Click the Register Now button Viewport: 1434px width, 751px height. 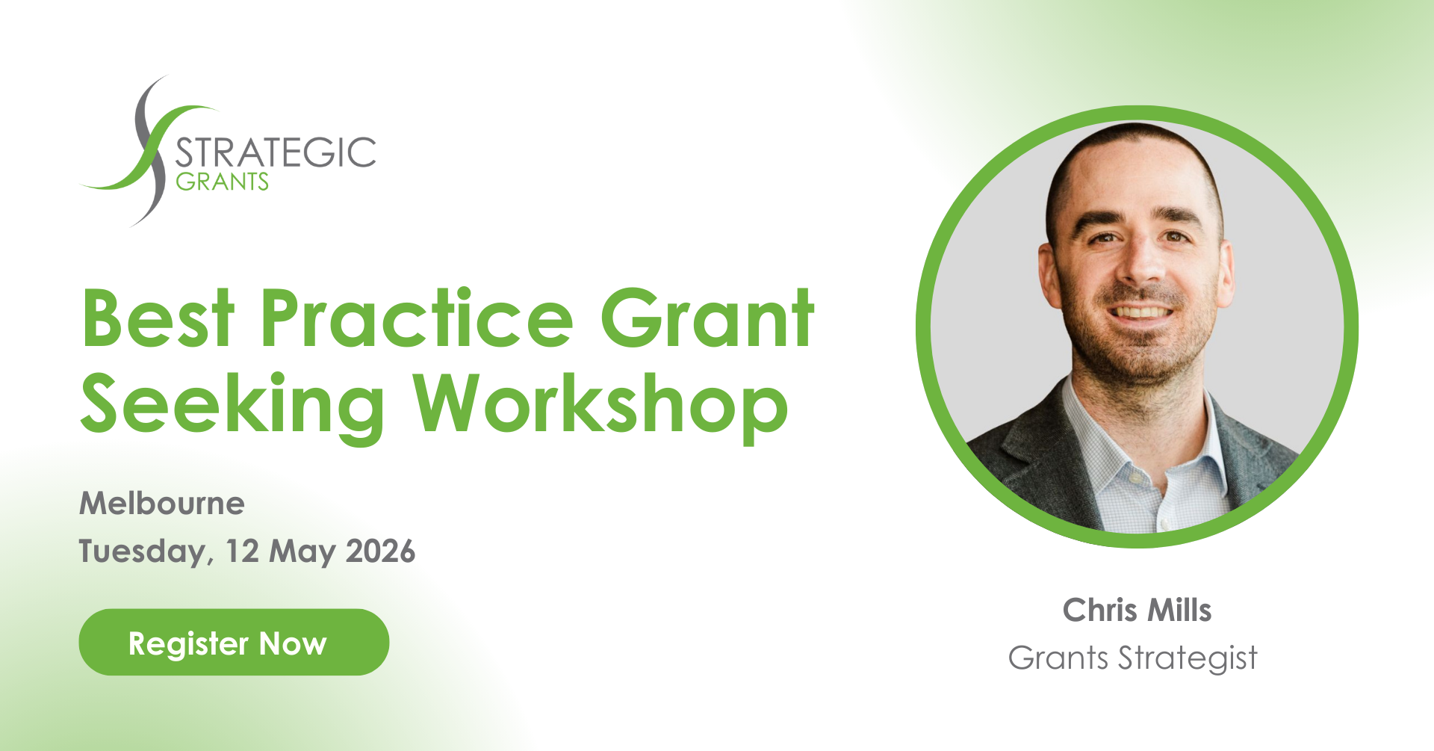coord(234,642)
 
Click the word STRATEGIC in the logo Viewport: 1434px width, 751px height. coord(275,153)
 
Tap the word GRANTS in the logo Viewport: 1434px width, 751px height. coord(222,182)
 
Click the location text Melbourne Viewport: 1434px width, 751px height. coord(162,503)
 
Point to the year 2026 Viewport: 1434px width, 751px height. coord(381,551)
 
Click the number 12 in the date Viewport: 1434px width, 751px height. coord(242,551)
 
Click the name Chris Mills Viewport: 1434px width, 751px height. coord(1137,610)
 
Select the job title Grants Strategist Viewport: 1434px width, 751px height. coord(1133,658)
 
